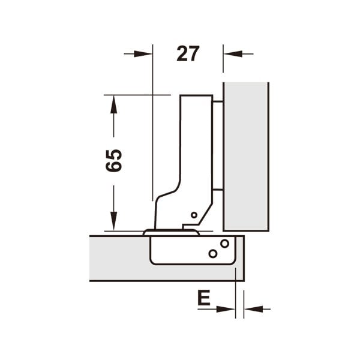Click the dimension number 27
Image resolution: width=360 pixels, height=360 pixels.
tap(188, 54)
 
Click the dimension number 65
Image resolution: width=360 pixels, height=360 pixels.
tap(113, 160)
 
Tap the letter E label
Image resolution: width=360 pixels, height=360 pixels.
tap(204, 298)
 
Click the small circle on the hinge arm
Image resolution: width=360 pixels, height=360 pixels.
tap(194, 215)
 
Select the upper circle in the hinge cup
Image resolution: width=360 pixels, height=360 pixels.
tap(224, 244)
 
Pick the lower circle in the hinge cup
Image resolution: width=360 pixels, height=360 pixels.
tap(213, 254)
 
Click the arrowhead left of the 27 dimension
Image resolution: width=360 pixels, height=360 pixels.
tap(143, 54)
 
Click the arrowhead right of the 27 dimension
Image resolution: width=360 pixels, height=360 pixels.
tap(233, 54)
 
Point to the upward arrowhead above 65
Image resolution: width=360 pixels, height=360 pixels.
tap(113, 104)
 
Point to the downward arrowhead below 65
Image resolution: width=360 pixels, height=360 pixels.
tap(113, 221)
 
